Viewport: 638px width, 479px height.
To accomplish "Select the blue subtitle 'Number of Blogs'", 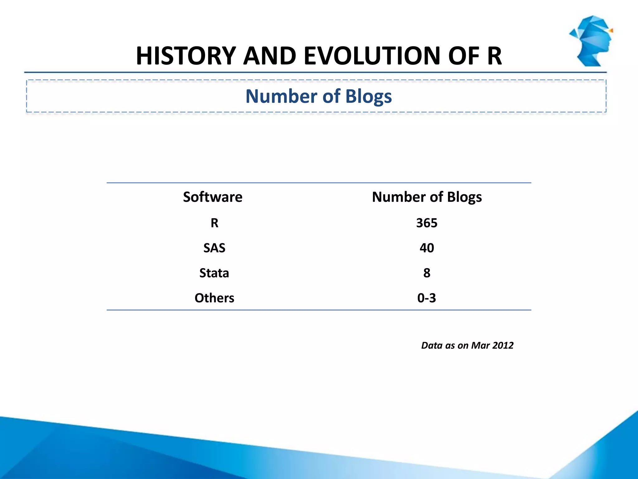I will point(318,96).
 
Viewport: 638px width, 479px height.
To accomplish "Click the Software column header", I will point(212,197).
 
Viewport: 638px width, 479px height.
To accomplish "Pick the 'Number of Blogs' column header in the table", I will point(427,197).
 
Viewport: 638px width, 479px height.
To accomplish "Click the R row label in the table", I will point(214,223).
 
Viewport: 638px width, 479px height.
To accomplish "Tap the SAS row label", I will point(214,248).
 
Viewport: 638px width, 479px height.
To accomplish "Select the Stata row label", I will point(214,273).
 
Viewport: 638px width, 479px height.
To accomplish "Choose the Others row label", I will point(214,298).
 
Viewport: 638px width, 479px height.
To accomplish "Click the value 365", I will point(427,223).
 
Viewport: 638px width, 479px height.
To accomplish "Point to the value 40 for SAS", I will point(427,248).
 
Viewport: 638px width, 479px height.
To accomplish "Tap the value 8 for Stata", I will point(427,273).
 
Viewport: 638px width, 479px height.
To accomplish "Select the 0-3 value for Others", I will point(427,298).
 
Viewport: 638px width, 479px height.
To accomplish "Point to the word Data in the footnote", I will point(431,345).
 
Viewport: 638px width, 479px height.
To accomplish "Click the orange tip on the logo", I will point(611,31).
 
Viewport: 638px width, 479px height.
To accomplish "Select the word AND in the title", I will point(269,56).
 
